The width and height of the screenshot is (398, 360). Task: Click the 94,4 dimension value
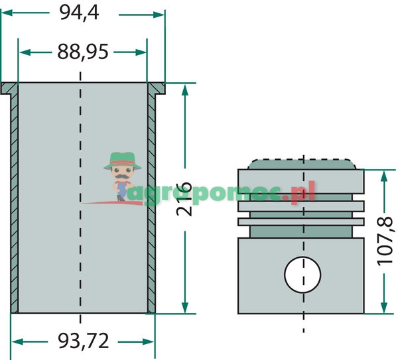tap(79, 13)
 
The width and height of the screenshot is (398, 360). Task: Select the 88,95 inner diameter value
tap(83, 52)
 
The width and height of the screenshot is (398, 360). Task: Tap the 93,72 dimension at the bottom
tap(84, 341)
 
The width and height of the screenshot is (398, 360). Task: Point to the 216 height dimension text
tap(184, 199)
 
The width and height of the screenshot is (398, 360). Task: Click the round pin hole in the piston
tap(302, 274)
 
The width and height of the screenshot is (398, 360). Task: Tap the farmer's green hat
tap(122, 161)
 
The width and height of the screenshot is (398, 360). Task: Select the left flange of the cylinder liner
tap(9, 88)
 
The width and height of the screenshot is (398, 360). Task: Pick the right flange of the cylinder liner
tap(156, 88)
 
